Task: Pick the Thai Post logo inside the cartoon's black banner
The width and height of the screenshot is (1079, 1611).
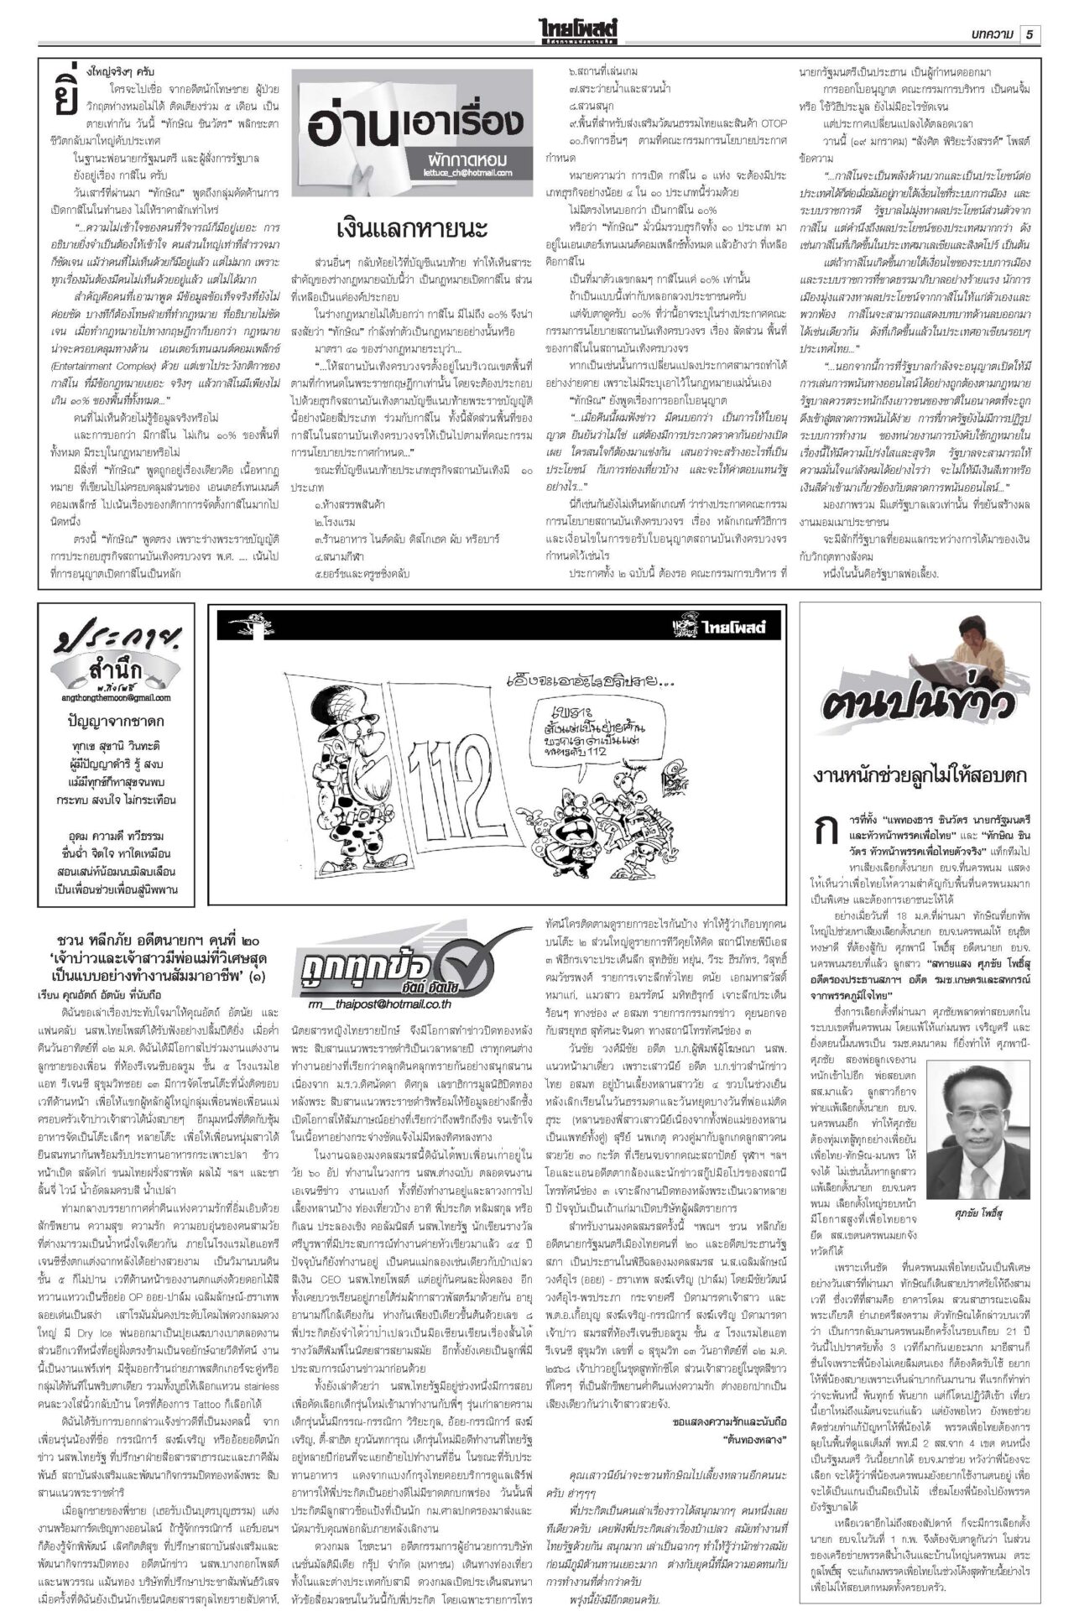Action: [727, 626]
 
